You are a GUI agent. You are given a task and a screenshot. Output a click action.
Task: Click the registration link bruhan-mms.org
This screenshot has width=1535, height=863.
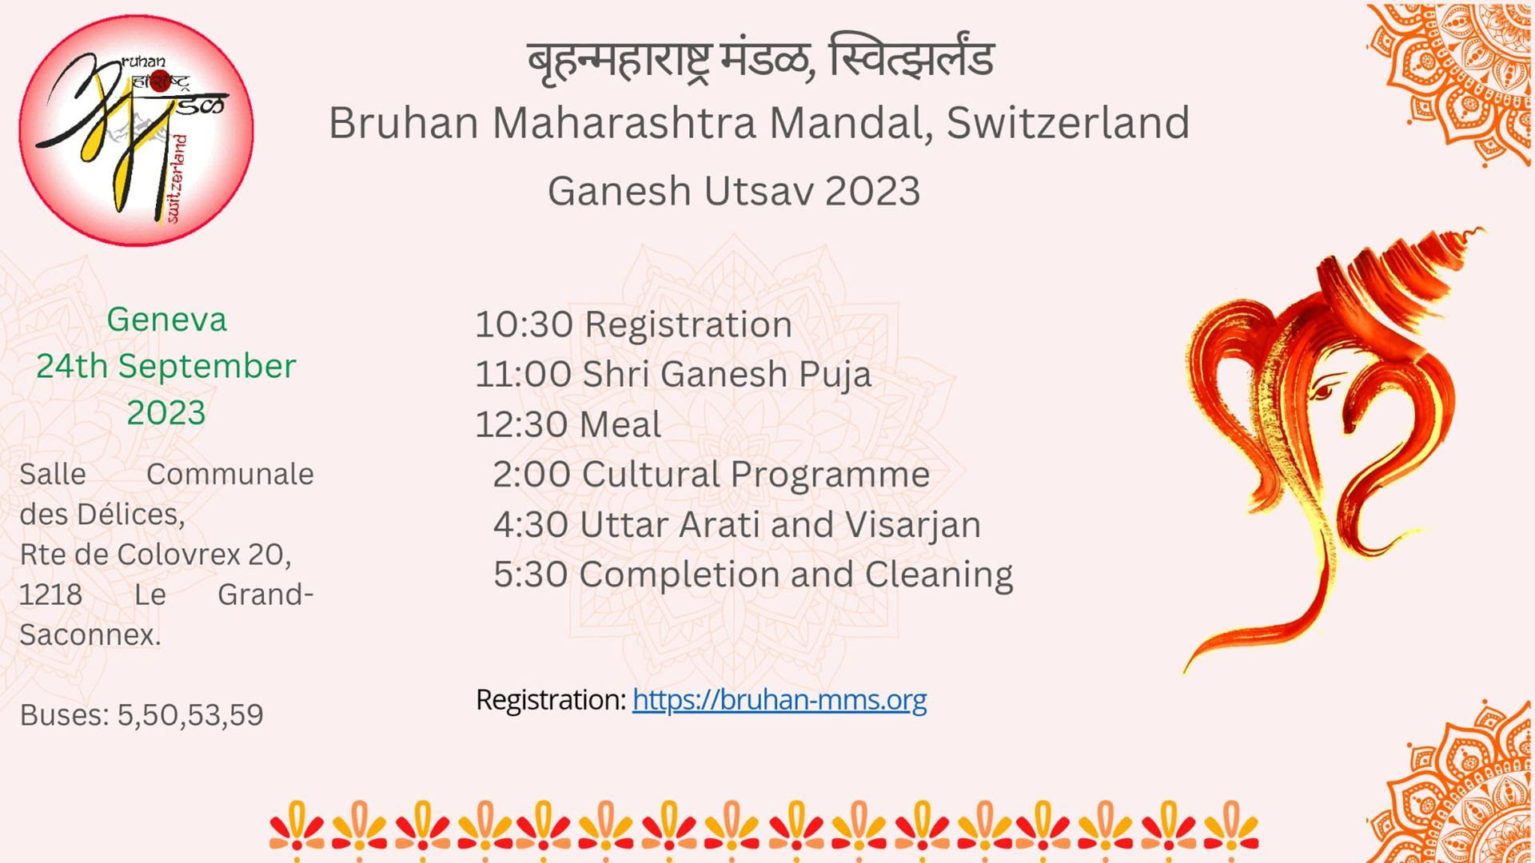click(779, 700)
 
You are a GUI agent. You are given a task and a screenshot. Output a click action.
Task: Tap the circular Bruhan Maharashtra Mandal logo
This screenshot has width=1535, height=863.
click(136, 130)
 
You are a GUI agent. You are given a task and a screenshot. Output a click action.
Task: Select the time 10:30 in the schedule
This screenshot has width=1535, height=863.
click(524, 324)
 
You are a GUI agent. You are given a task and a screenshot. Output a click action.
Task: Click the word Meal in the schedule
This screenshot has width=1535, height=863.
click(620, 424)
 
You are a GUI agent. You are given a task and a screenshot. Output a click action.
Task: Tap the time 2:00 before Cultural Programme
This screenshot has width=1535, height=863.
click(532, 475)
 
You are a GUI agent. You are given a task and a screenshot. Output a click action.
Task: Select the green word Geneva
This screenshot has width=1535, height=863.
click(167, 320)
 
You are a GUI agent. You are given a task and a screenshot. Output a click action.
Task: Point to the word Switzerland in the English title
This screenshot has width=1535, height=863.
click(1068, 123)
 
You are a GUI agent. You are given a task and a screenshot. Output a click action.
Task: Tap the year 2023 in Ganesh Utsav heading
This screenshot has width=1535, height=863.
click(872, 192)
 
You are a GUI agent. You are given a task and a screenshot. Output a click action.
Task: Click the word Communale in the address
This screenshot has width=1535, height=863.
click(230, 475)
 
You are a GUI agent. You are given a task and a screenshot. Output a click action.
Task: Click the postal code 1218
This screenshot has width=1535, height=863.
click(50, 595)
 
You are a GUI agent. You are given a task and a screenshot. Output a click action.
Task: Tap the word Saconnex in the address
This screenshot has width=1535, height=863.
click(90, 635)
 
